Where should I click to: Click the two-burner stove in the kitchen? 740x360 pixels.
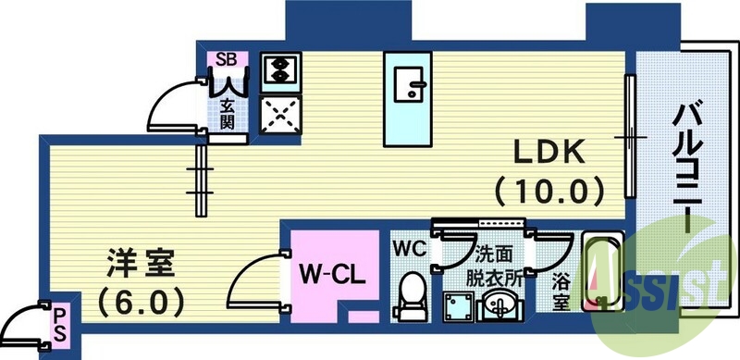tap(277, 68)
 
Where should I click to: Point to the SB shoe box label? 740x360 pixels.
tap(227, 59)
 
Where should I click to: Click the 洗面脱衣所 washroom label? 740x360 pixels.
tap(490, 264)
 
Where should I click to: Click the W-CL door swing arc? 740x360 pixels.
tap(252, 278)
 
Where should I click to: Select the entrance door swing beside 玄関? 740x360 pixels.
tap(176, 104)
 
